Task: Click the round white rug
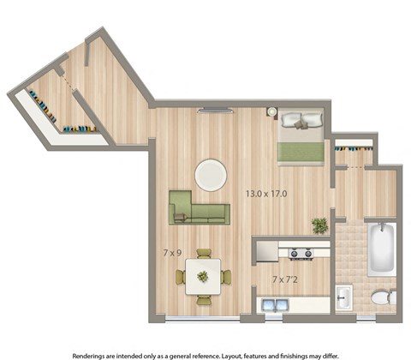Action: (x=211, y=175)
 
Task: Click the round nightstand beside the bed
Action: (x=271, y=112)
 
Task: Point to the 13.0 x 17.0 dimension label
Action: (x=267, y=194)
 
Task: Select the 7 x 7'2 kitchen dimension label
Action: (x=286, y=279)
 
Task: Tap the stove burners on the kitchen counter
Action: (x=300, y=253)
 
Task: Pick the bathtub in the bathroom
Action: (x=381, y=249)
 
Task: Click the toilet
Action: (x=383, y=297)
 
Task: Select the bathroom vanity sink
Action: (x=343, y=297)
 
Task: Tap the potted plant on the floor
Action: (x=320, y=225)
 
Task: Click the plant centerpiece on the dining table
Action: (x=203, y=276)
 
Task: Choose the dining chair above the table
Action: (x=204, y=254)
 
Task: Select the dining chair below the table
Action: (x=204, y=299)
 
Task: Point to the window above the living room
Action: (x=214, y=109)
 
